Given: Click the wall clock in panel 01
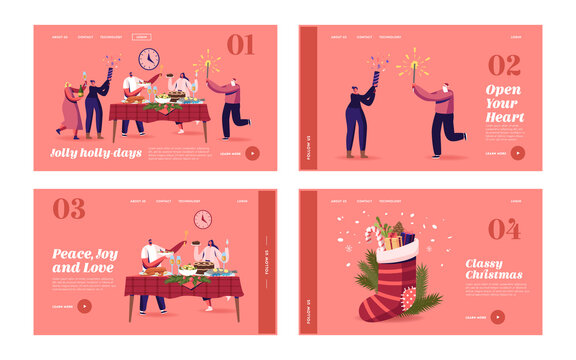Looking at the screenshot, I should (149, 58).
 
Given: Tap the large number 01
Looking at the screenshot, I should (240, 45).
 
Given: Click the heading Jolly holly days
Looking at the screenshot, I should (91, 153).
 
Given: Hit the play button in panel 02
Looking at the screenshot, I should (518, 153).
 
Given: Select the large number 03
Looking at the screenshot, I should (69, 209).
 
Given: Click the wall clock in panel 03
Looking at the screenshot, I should (203, 219).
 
